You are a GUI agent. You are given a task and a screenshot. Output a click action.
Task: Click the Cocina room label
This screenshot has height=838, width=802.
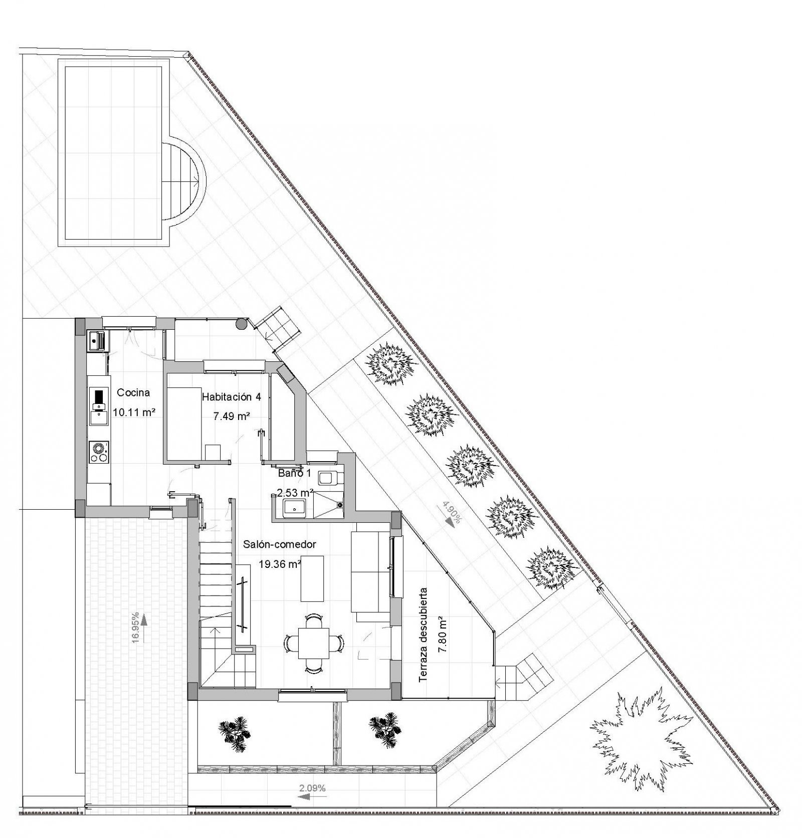133,392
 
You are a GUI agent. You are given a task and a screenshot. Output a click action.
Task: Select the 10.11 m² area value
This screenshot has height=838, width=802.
133,412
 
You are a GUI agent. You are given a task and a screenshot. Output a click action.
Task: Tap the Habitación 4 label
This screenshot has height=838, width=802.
231,397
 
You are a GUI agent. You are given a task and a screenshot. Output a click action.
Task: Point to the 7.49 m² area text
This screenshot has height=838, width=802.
231,416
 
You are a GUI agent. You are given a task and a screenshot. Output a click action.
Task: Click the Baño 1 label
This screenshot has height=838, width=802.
295,473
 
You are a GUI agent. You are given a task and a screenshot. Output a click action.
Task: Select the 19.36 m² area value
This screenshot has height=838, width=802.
279,564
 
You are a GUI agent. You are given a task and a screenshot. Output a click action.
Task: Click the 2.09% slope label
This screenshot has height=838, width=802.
312,788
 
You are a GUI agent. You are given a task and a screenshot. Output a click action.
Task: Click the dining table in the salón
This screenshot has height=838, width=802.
313,643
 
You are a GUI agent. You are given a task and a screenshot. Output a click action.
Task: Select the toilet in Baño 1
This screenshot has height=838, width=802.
331,478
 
